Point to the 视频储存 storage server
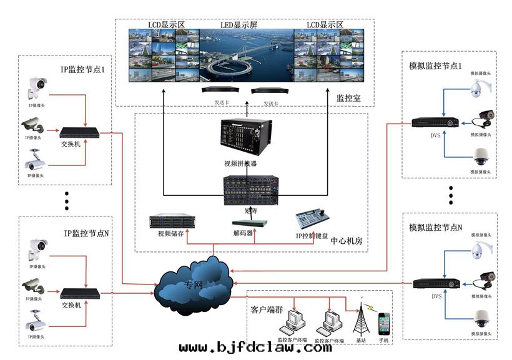172,221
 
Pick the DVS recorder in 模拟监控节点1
435,122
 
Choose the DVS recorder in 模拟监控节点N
436,284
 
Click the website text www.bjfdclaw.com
255,348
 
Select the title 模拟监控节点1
435,66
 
